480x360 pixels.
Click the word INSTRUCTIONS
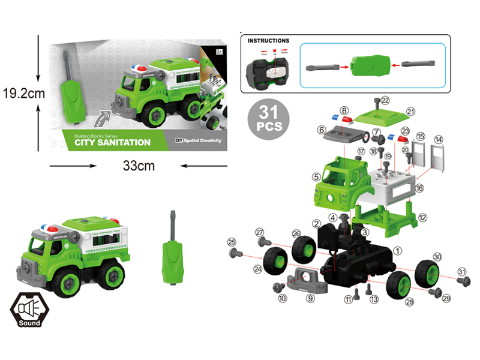(268, 41)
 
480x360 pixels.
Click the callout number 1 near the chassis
(397, 249)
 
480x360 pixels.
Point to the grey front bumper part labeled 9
(304, 279)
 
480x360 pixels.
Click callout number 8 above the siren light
(344, 110)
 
